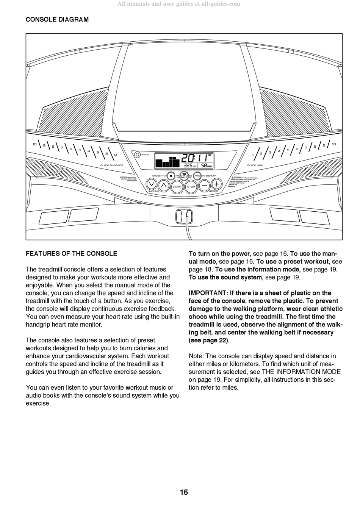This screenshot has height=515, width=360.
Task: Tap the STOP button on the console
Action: pyautogui.click(x=191, y=187)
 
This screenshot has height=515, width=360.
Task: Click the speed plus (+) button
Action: pyautogui.click(x=216, y=184)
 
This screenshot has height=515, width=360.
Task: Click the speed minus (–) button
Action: pyautogui.click(x=204, y=186)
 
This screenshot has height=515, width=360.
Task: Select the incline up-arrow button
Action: pyautogui.click(x=163, y=185)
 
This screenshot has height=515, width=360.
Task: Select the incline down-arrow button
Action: pyautogui.click(x=151, y=184)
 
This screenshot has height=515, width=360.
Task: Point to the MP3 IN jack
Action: pyautogui.click(x=137, y=154)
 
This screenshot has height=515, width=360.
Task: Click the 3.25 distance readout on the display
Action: pyautogui.click(x=188, y=165)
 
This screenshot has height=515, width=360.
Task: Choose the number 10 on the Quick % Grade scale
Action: pyautogui.click(x=34, y=144)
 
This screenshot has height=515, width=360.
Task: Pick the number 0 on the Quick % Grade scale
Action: pyautogui.click(x=115, y=154)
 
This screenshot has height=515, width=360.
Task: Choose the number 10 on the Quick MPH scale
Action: pyautogui.click(x=333, y=144)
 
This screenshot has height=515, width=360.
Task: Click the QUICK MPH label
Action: pyautogui.click(x=255, y=165)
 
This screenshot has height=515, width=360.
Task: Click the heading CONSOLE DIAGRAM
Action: pyautogui.click(x=57, y=19)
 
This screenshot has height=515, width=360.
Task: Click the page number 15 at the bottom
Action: pyautogui.click(x=184, y=492)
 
